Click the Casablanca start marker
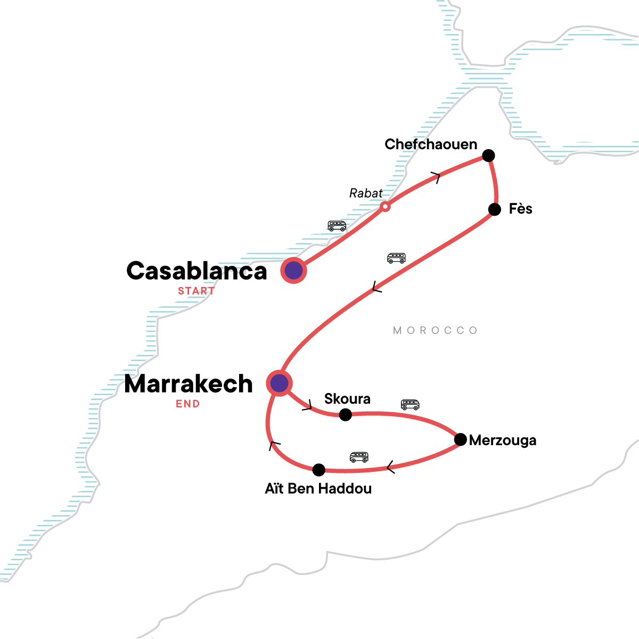coord(293,271)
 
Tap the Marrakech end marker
coord(280,383)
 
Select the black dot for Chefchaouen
coord(488,155)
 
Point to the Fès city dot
coord(495,209)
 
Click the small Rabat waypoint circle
coord(385,206)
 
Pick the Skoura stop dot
coord(346,414)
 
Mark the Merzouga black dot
coord(461,440)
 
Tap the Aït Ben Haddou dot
coord(318,470)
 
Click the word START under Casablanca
coord(196,291)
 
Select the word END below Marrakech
coord(188,404)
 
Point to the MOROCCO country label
coord(435,331)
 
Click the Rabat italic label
coord(366,193)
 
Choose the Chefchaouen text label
coord(431,144)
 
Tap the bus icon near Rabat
coord(337,226)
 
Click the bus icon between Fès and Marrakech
coord(396,258)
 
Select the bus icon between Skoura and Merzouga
coord(410,405)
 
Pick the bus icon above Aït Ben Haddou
coord(359,457)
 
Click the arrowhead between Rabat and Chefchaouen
coord(437,177)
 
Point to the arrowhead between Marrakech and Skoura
coord(308,407)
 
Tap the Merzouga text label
coord(503,441)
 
